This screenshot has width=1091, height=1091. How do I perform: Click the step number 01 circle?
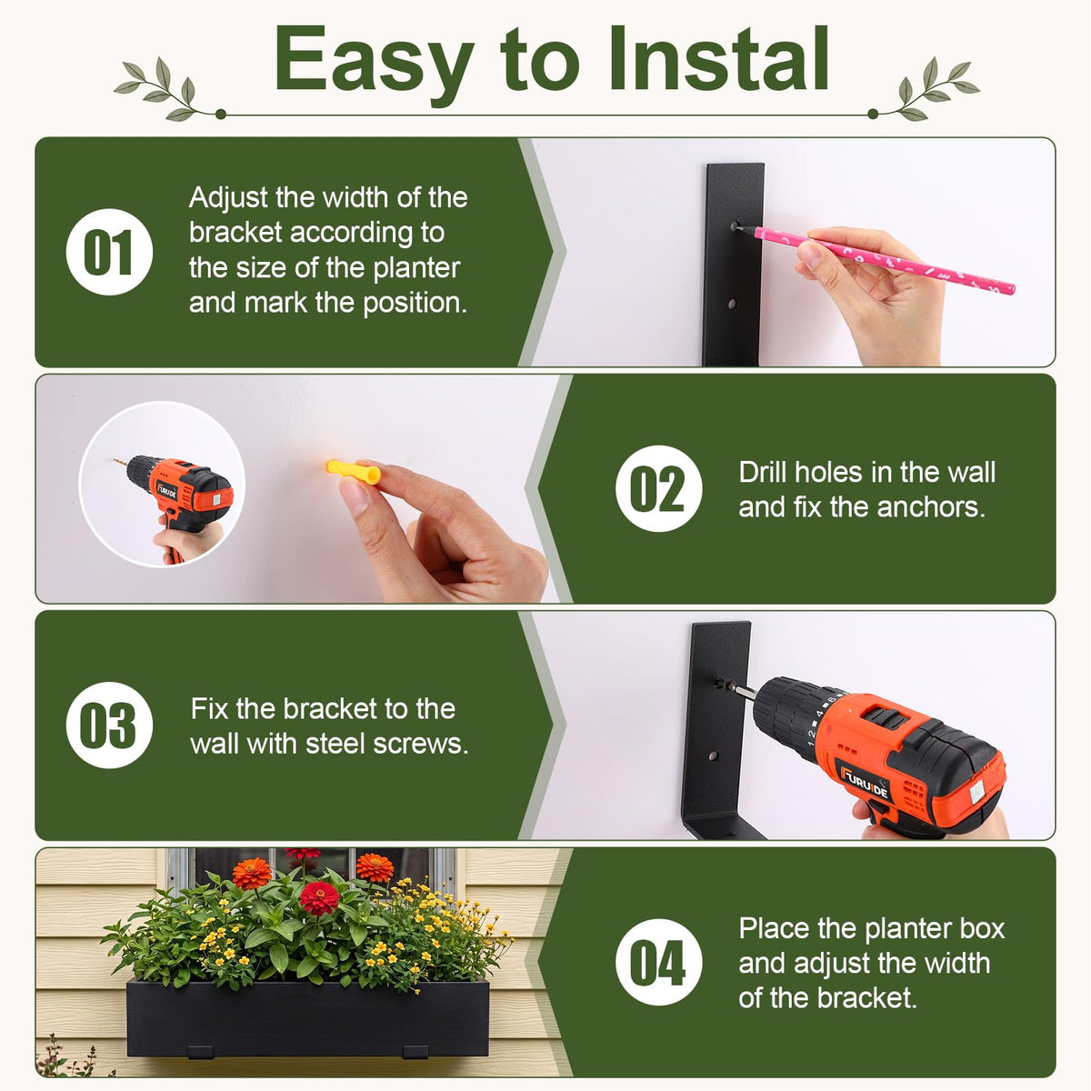tap(109, 252)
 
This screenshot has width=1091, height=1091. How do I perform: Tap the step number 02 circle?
tap(659, 488)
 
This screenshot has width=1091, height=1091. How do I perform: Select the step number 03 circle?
tap(109, 725)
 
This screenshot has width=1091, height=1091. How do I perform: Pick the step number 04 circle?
tap(659, 962)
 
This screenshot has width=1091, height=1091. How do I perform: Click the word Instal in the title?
tap(719, 59)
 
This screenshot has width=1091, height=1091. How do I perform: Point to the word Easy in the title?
tap(374, 65)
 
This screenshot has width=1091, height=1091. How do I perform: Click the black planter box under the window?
tap(307, 1019)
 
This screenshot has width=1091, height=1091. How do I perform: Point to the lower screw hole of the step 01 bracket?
tap(732, 304)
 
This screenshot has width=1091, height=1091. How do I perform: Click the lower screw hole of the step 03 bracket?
tap(713, 756)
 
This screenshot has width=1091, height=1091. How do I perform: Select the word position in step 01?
tap(415, 304)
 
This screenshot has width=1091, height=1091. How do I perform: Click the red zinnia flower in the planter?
tap(319, 898)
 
